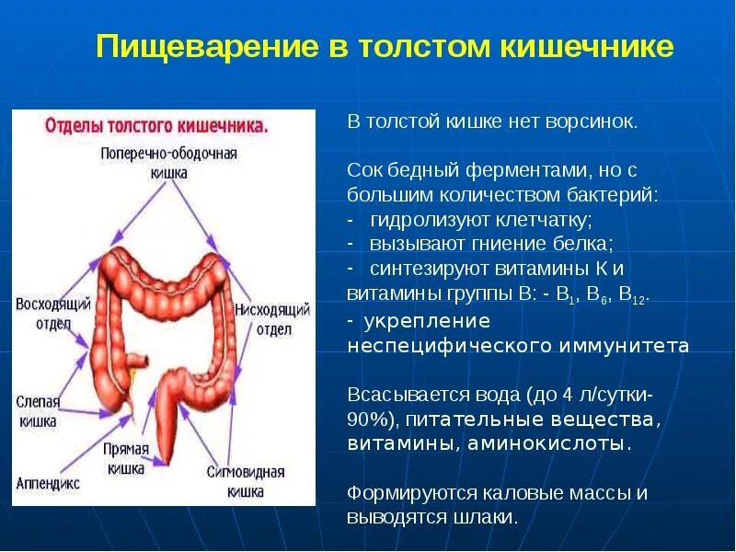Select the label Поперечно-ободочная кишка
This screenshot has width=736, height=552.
(169, 162)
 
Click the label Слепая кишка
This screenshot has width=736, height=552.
(38, 411)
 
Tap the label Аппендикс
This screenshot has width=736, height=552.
(48, 483)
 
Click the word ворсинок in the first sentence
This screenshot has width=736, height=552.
(592, 122)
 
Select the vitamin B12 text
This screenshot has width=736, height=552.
(632, 294)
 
